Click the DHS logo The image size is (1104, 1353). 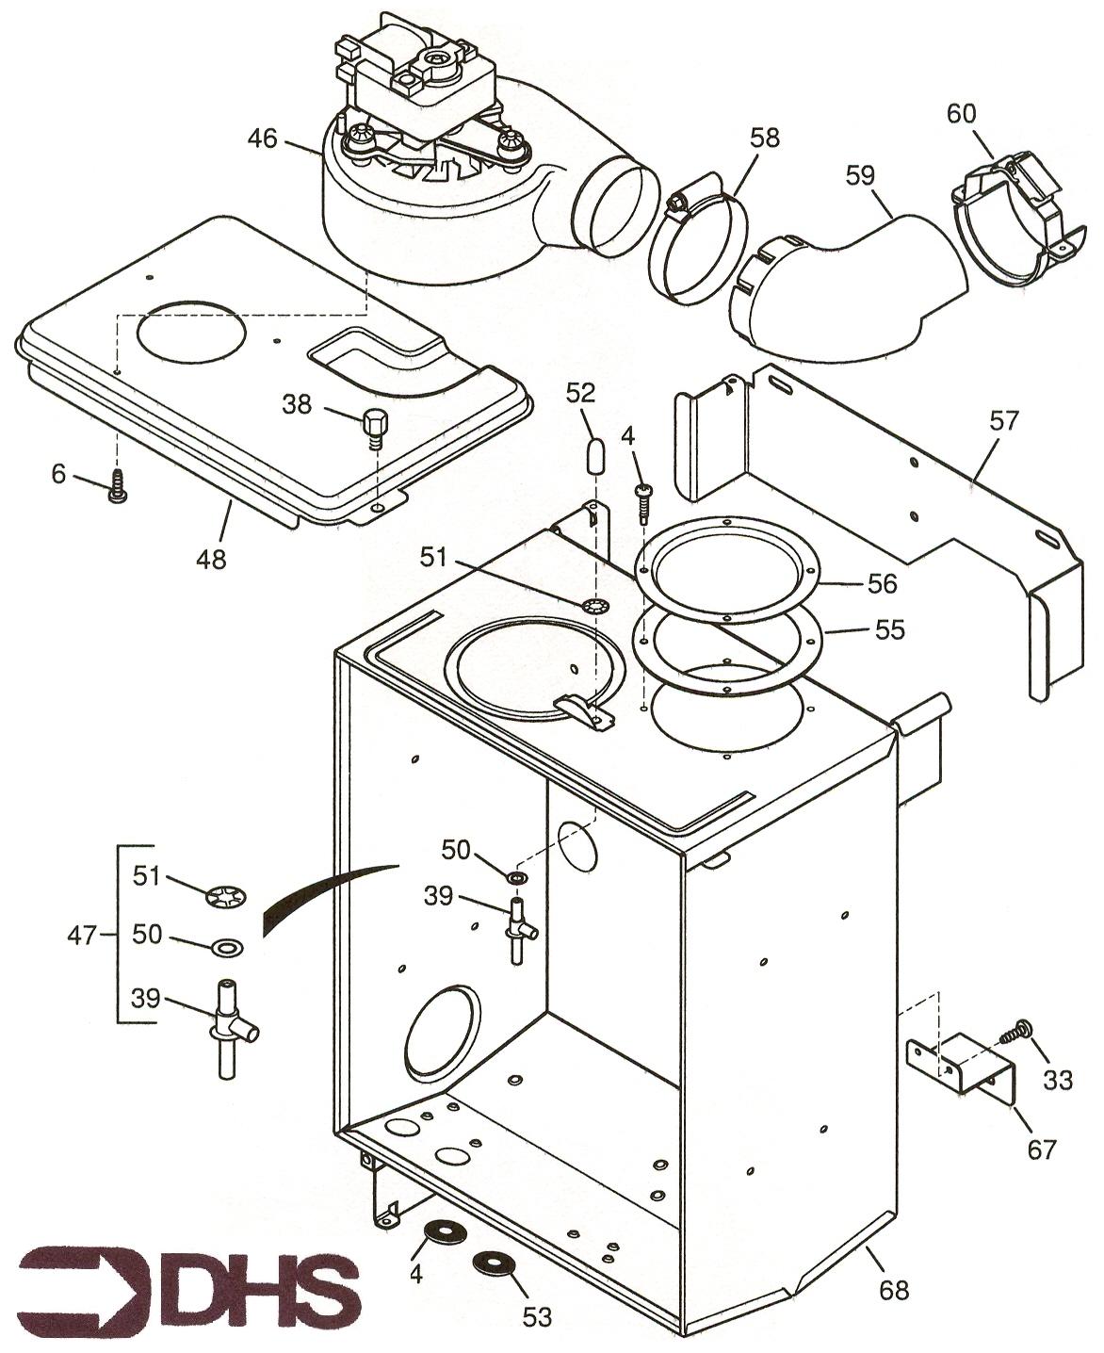point(188,1284)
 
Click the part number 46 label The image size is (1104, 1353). point(263,139)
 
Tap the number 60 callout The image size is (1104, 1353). point(962,114)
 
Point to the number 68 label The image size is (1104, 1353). point(894,1288)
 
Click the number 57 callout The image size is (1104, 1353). point(1004,420)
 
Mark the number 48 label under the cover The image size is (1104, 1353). point(211,559)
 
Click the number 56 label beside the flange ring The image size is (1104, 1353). point(882,583)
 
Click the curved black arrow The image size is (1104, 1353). point(320,896)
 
